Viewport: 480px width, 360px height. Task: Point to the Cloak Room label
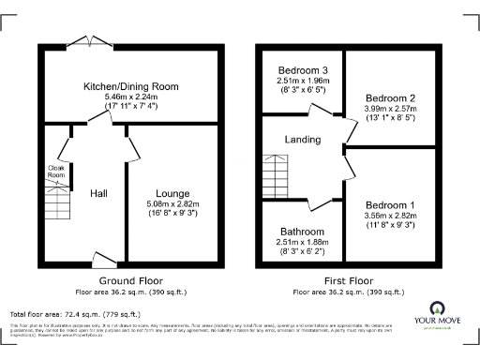[57, 172]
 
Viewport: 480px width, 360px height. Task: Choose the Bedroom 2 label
[390, 98]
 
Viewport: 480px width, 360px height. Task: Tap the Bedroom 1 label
[390, 205]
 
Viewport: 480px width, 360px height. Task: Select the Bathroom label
[302, 232]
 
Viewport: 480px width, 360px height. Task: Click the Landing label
[303, 140]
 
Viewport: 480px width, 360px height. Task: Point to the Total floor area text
[75, 314]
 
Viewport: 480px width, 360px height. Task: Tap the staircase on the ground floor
[56, 201]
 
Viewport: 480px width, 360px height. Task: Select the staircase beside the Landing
[274, 173]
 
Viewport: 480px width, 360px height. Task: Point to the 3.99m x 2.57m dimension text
[390, 109]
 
